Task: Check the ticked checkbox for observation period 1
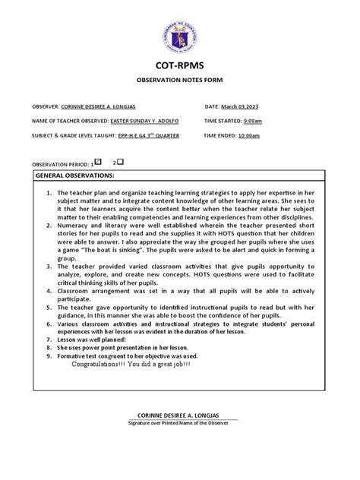pyautogui.click(x=97, y=163)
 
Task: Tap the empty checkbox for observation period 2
pyautogui.click(x=120, y=163)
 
